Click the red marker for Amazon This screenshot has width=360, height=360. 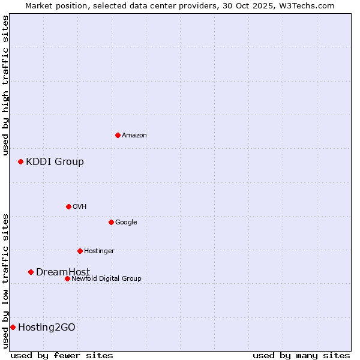pyautogui.click(x=118, y=135)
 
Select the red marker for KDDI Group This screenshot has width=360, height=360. pyautogui.click(x=20, y=161)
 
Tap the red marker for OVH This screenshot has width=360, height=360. pyautogui.click(x=68, y=206)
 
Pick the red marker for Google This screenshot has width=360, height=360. pyautogui.click(x=111, y=222)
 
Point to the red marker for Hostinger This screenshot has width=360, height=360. pyautogui.click(x=80, y=251)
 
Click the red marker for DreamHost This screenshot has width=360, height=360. pyautogui.click(x=31, y=272)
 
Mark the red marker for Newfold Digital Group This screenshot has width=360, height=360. pyautogui.click(x=67, y=278)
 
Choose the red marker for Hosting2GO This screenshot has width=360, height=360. pyautogui.click(x=13, y=327)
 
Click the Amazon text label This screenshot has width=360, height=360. pyautogui.click(x=134, y=136)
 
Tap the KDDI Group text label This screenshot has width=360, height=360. pyautogui.click(x=55, y=162)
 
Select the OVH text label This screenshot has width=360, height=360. pyautogui.click(x=80, y=207)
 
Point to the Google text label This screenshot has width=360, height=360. pyautogui.click(x=126, y=223)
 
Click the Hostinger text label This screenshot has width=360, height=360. pyautogui.click(x=99, y=251)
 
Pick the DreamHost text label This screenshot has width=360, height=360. pyautogui.click(x=63, y=272)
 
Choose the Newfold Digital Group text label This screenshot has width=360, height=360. pyautogui.click(x=106, y=279)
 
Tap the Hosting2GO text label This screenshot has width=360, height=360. pyautogui.click(x=47, y=328)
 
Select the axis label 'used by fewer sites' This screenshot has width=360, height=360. pyautogui.click(x=62, y=355)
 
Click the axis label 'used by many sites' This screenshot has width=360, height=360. pyautogui.click(x=301, y=355)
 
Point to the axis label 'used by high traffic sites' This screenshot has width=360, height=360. pyautogui.click(x=5, y=85)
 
